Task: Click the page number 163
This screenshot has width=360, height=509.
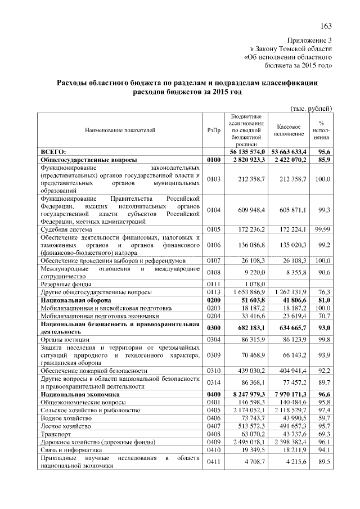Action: coord(326,25)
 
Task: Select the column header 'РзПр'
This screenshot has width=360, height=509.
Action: coord(213,130)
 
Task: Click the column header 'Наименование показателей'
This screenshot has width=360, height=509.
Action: coord(120,130)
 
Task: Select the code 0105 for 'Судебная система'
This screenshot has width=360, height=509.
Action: coord(213,229)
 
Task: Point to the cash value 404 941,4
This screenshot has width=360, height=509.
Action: coord(290,372)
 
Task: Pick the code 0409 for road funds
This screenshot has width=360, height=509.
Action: coord(213,443)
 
